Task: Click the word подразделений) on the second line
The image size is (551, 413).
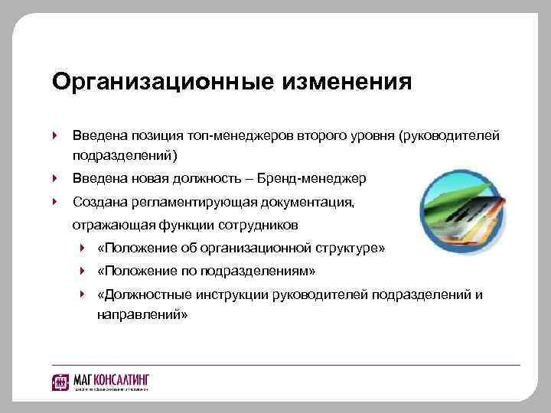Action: click(x=124, y=156)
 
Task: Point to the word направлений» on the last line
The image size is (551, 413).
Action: click(x=142, y=314)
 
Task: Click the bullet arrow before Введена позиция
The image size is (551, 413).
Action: click(x=55, y=135)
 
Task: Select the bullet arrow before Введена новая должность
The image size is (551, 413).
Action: click(x=55, y=179)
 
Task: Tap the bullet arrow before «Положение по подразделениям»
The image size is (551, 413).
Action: click(x=82, y=272)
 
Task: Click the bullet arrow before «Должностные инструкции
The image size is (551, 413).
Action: click(x=82, y=294)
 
